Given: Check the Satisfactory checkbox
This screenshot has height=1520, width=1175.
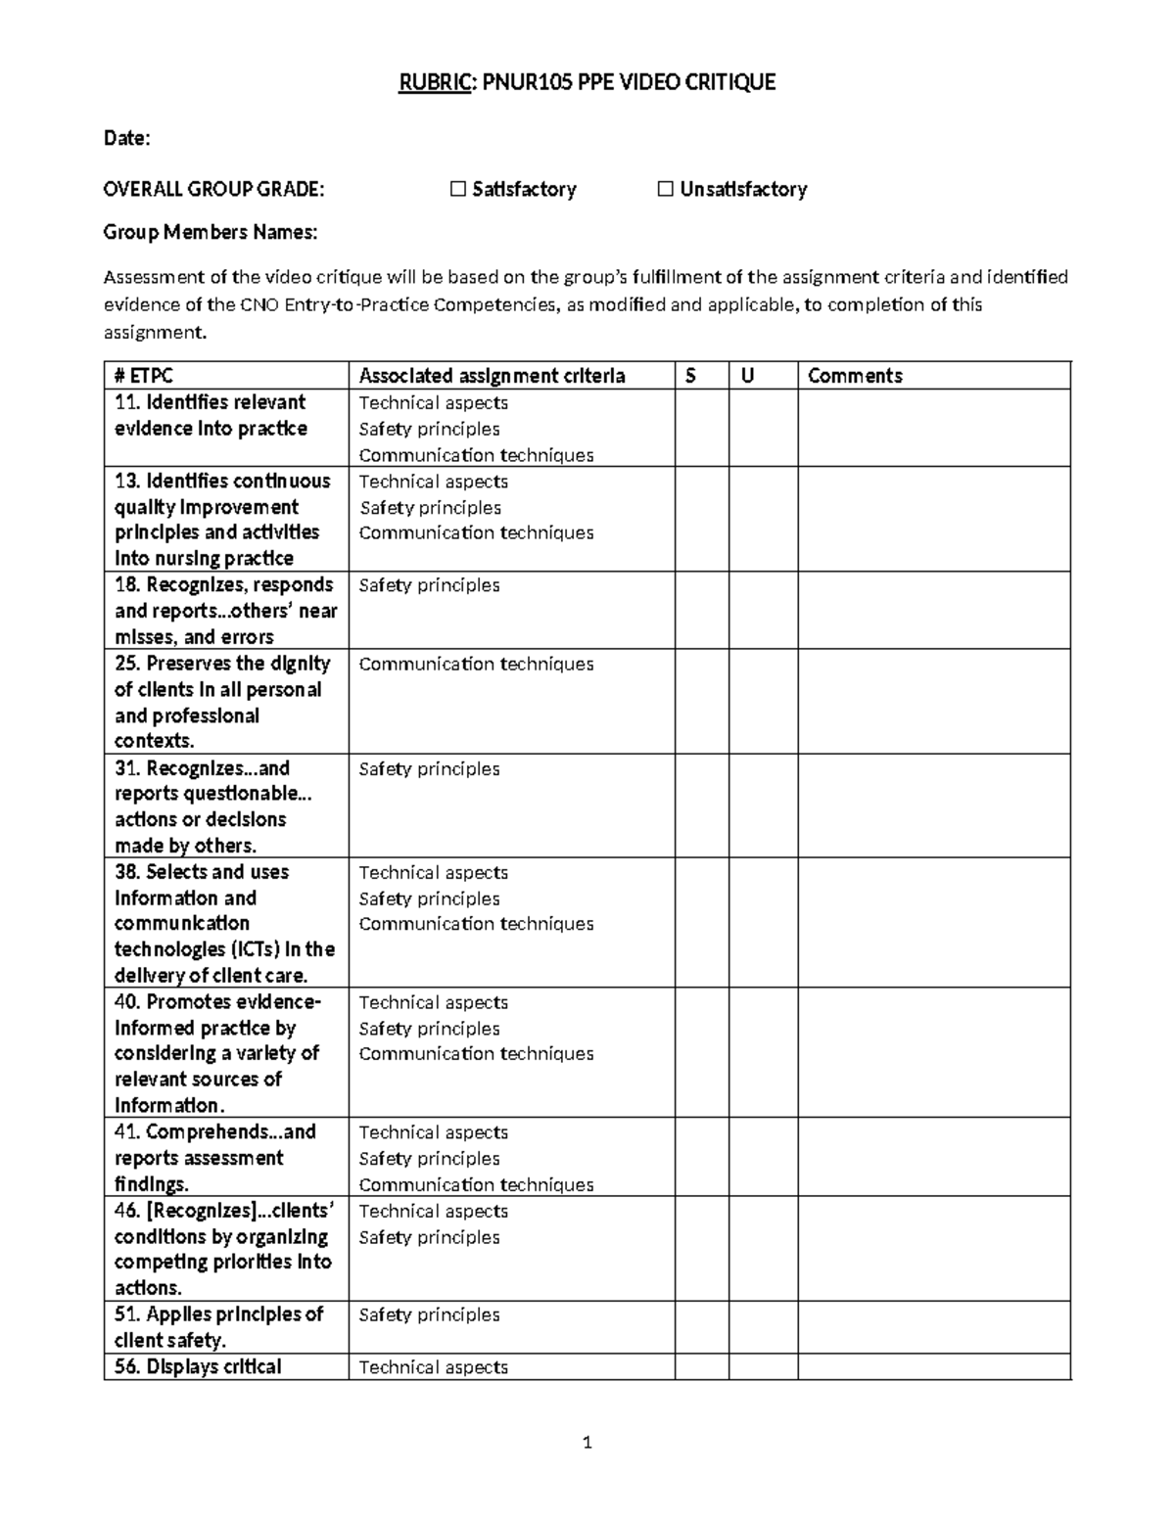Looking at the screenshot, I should (x=457, y=189).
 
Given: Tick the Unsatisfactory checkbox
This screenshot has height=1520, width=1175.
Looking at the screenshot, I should (x=666, y=189).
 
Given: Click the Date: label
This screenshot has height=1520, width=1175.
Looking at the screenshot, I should (x=127, y=138).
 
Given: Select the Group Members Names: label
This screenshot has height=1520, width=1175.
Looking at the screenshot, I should (x=211, y=232).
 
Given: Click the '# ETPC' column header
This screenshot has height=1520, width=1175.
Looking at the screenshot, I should (x=144, y=376).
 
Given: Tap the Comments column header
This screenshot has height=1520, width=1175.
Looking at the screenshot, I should (x=855, y=376).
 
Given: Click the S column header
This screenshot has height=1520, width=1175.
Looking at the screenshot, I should (x=690, y=376).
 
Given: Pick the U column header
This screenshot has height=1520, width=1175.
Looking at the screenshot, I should (x=747, y=376).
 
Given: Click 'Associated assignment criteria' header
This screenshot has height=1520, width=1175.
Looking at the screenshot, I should (x=492, y=376).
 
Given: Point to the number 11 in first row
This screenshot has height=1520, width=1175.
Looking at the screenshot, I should (x=125, y=402).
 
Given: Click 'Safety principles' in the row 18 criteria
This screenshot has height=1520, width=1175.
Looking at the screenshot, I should (x=429, y=585).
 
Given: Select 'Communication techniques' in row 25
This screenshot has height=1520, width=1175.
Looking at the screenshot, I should (x=476, y=664).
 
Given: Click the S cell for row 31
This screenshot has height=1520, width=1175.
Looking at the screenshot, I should (x=701, y=806).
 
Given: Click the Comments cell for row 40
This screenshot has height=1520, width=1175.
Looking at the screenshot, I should (x=934, y=1052).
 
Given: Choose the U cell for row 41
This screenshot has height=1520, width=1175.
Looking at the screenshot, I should (x=763, y=1157).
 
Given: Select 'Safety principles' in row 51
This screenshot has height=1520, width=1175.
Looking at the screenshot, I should (x=429, y=1314).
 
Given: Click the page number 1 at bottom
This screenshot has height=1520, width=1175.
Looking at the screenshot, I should (x=587, y=1443).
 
